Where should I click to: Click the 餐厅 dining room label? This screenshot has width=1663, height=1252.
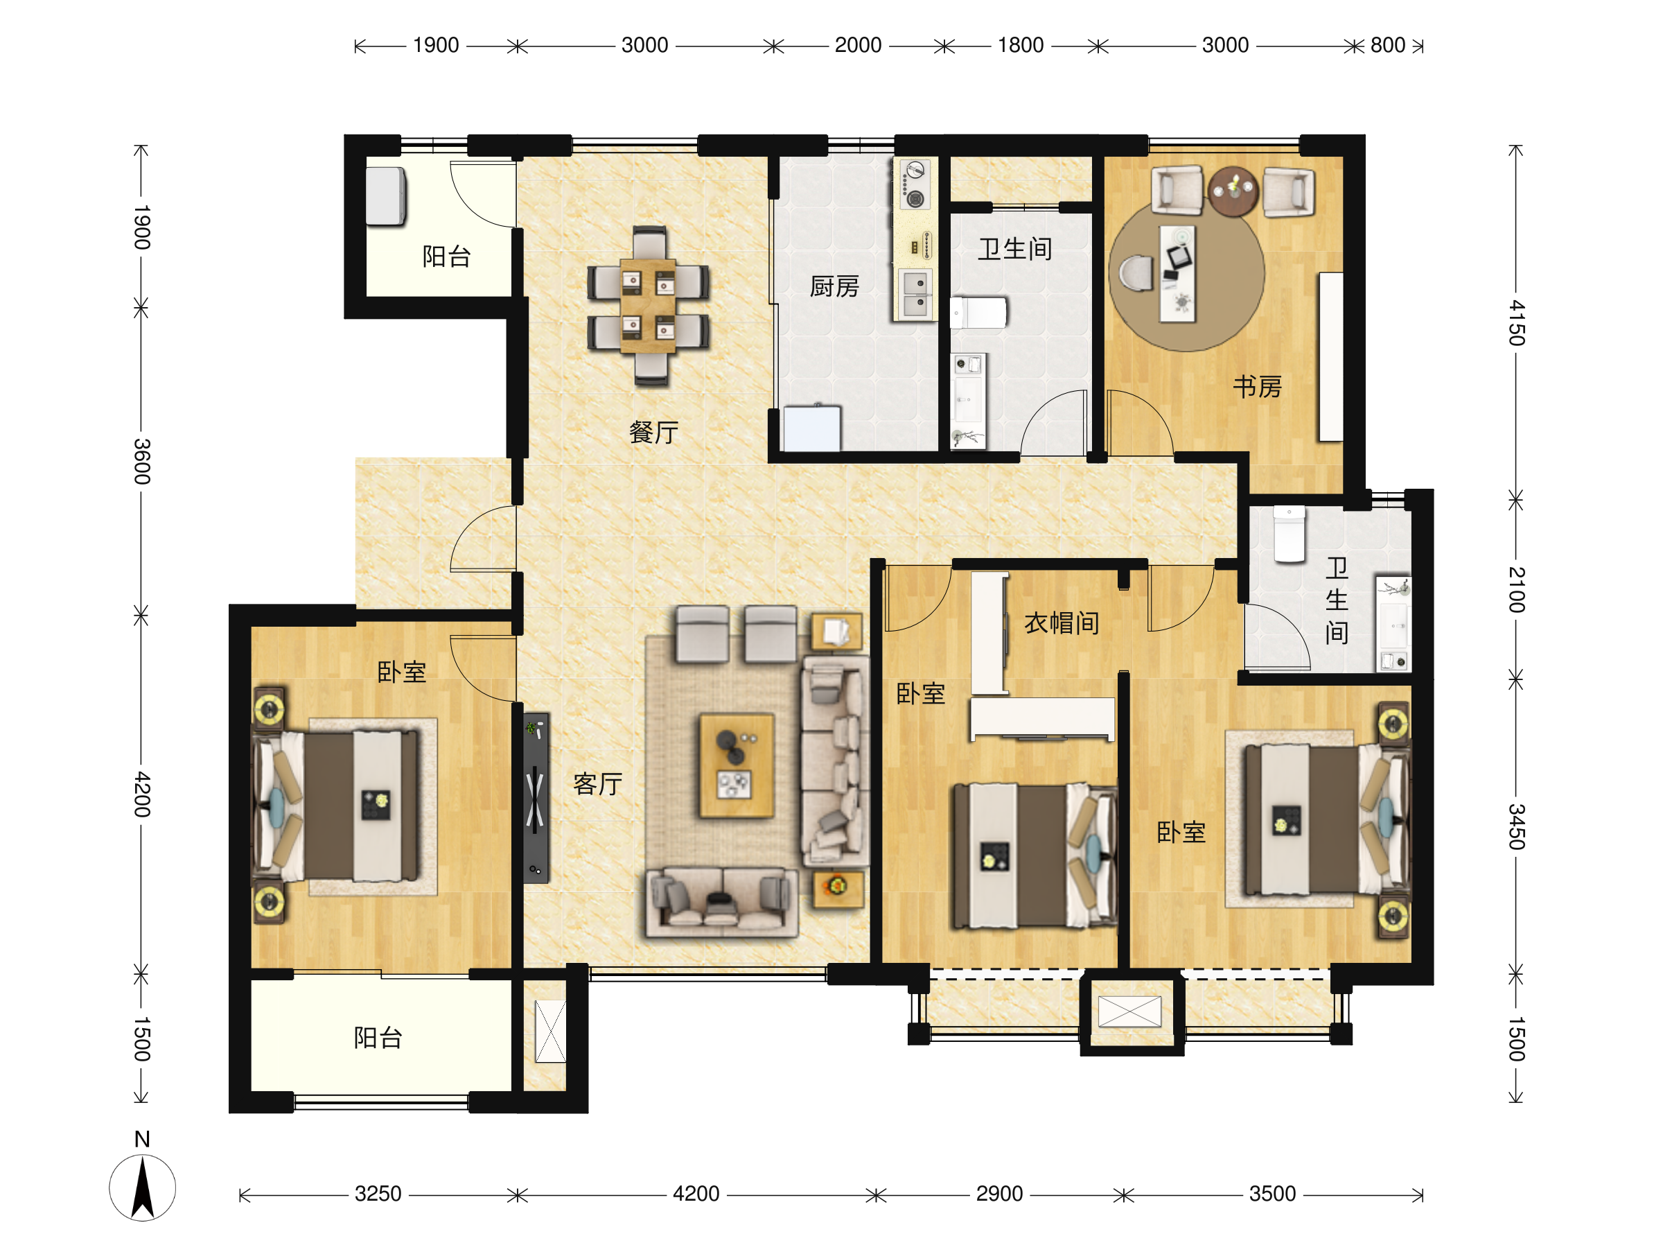(653, 433)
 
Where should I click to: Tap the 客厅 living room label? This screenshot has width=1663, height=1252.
(598, 784)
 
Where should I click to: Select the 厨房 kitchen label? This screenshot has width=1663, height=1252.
(834, 286)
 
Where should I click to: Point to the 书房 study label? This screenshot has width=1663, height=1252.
(1258, 387)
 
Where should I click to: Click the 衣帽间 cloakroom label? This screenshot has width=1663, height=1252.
(1062, 623)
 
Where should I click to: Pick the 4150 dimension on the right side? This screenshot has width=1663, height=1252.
(1516, 322)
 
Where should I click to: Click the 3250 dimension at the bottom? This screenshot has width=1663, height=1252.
(378, 1194)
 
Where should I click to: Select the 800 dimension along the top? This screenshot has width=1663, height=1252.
(1388, 45)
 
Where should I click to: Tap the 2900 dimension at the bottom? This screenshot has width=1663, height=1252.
(999, 1194)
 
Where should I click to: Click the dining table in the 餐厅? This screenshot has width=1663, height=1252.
(648, 306)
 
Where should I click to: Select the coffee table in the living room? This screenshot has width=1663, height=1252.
(736, 765)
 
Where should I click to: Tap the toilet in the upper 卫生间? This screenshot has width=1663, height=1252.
(978, 313)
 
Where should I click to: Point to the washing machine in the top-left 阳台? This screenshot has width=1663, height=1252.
(386, 196)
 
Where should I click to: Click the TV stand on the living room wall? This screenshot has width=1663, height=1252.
(536, 798)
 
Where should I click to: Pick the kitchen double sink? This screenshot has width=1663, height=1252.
(915, 294)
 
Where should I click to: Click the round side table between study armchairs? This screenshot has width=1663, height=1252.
(1232, 191)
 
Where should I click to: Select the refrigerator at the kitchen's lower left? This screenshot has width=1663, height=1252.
(812, 428)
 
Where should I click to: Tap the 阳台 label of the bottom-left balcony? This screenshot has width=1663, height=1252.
(378, 1038)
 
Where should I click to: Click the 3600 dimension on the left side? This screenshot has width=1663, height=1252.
(141, 461)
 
